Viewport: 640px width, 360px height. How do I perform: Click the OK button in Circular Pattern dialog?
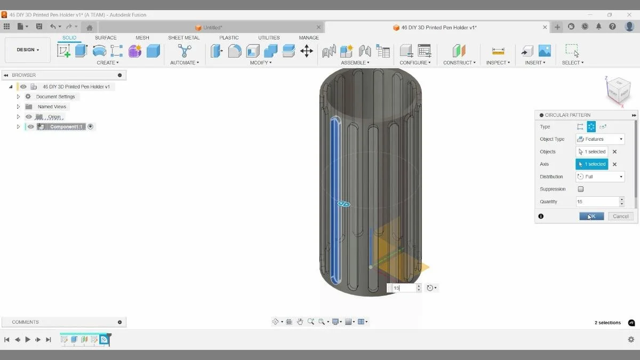tap(591, 216)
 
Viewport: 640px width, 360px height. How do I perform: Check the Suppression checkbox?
tap(581, 189)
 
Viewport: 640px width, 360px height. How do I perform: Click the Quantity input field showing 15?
tap(597, 202)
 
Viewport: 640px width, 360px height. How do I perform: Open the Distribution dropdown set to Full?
tap(600, 177)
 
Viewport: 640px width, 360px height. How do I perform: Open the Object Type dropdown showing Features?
tap(600, 139)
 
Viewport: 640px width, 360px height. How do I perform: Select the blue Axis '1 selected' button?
tap(592, 164)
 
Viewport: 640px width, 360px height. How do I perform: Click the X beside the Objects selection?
tap(614, 152)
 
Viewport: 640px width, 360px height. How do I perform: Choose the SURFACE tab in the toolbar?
tap(106, 38)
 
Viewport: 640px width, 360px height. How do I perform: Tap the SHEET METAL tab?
tap(183, 38)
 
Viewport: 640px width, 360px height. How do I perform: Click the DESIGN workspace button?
tap(28, 50)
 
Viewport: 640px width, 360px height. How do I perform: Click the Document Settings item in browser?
tap(55, 97)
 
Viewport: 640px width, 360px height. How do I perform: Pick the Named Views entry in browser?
tap(52, 107)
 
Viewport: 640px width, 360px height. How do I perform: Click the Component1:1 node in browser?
tap(66, 127)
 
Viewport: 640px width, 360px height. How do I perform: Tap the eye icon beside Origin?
tap(29, 117)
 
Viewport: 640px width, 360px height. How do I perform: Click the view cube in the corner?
tap(619, 90)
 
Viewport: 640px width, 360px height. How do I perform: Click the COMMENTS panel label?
tap(25, 322)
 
